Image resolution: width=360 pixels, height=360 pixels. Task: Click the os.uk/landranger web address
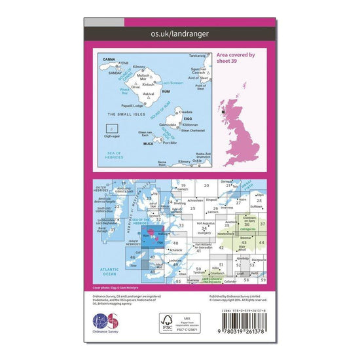tap(180, 30)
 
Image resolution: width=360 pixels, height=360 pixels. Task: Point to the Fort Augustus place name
tap(206, 223)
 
